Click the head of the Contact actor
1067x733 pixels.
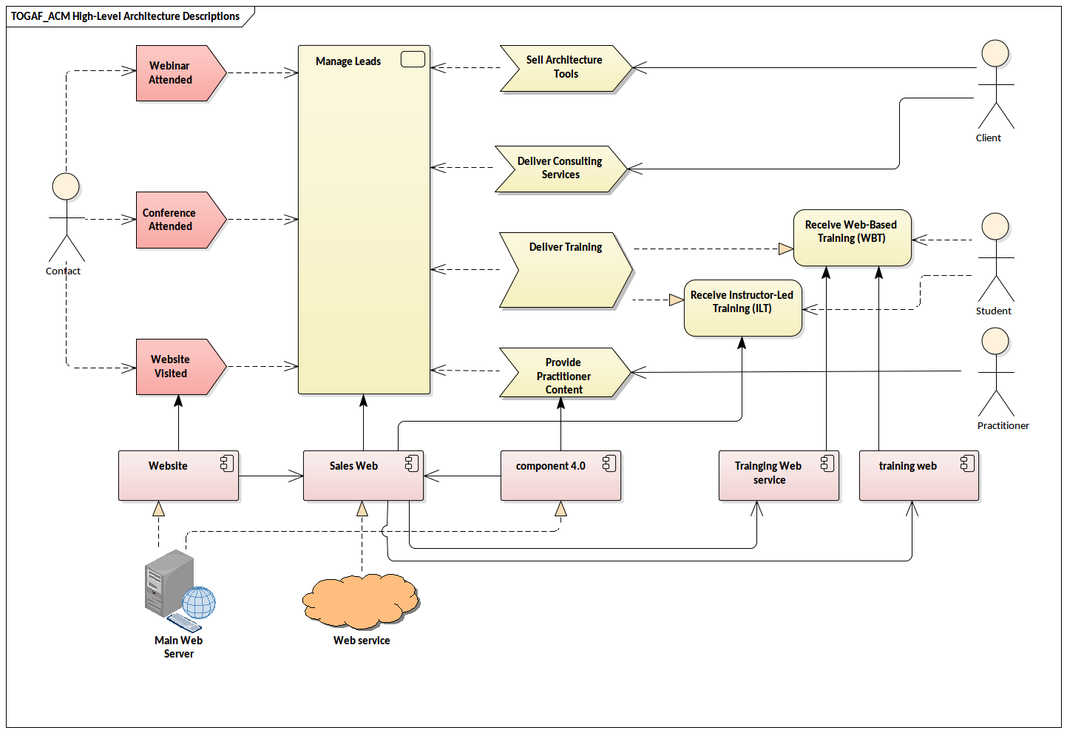[x=66, y=186]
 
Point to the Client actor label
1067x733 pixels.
[x=988, y=138]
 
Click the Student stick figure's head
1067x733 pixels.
[x=995, y=226]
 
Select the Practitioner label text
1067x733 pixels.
[x=1003, y=426]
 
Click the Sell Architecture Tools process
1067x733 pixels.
[x=564, y=67]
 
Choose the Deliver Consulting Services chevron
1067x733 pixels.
[x=560, y=169]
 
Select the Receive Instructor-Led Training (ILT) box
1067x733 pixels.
[x=742, y=308]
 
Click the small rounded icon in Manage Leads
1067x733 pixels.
[x=413, y=60]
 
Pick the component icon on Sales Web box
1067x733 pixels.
[x=412, y=464]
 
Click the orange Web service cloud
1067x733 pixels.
[x=361, y=601]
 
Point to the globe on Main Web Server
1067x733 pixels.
[x=199, y=602]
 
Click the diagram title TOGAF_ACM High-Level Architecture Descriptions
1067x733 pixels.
[x=126, y=16]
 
